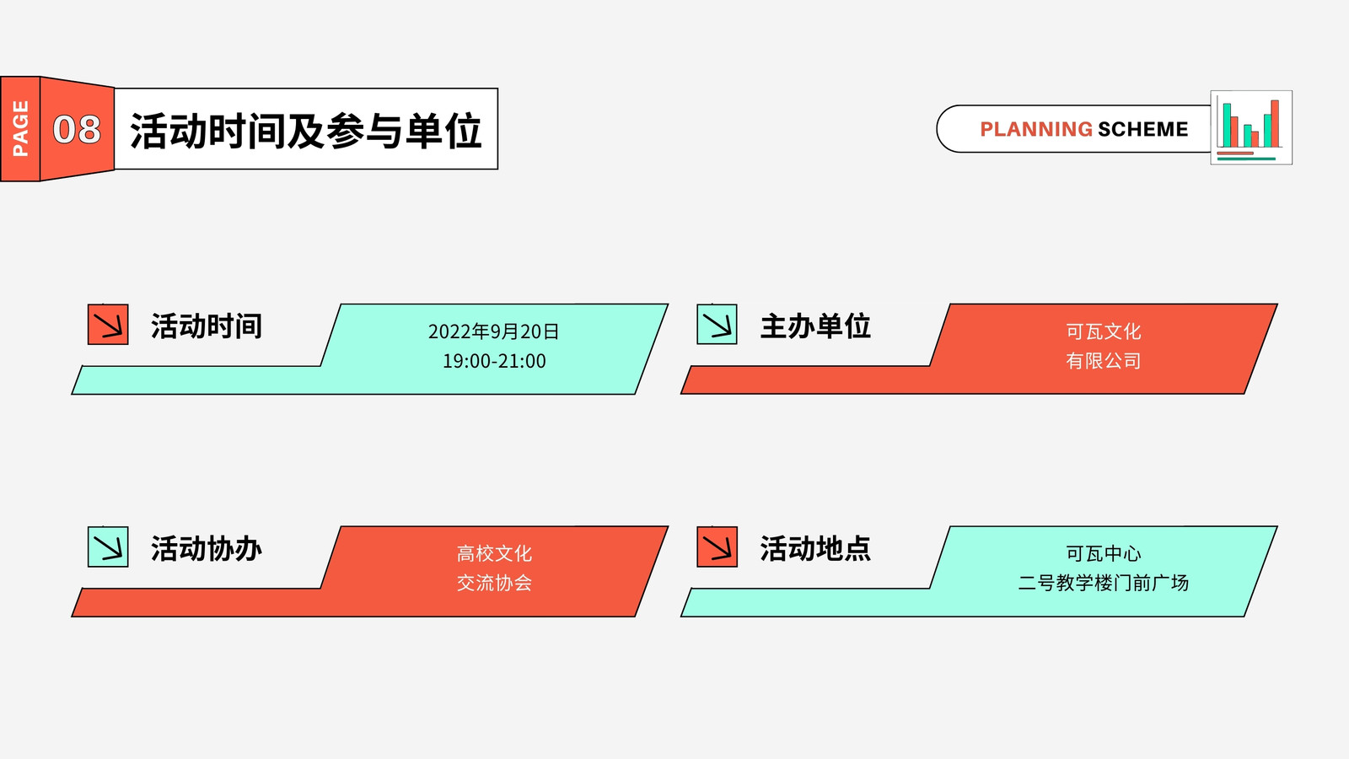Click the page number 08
tap(77, 129)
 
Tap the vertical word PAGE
tap(20, 128)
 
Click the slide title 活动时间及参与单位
tap(305, 130)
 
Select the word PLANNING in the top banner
tap(1036, 129)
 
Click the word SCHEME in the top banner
tap(1143, 129)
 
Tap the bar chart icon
tap(1251, 127)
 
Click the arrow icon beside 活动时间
tap(108, 325)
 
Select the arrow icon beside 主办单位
tap(717, 325)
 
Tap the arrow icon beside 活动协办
tap(108, 547)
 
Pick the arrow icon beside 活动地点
tap(717, 547)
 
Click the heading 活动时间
tap(207, 326)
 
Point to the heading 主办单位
tap(815, 326)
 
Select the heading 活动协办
tap(207, 549)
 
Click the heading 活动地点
tap(815, 549)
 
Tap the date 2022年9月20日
tap(494, 331)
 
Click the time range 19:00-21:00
tap(494, 361)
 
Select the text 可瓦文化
tap(1104, 331)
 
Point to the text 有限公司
tap(1104, 361)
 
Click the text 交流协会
tap(494, 583)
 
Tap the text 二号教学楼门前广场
tap(1104, 583)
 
